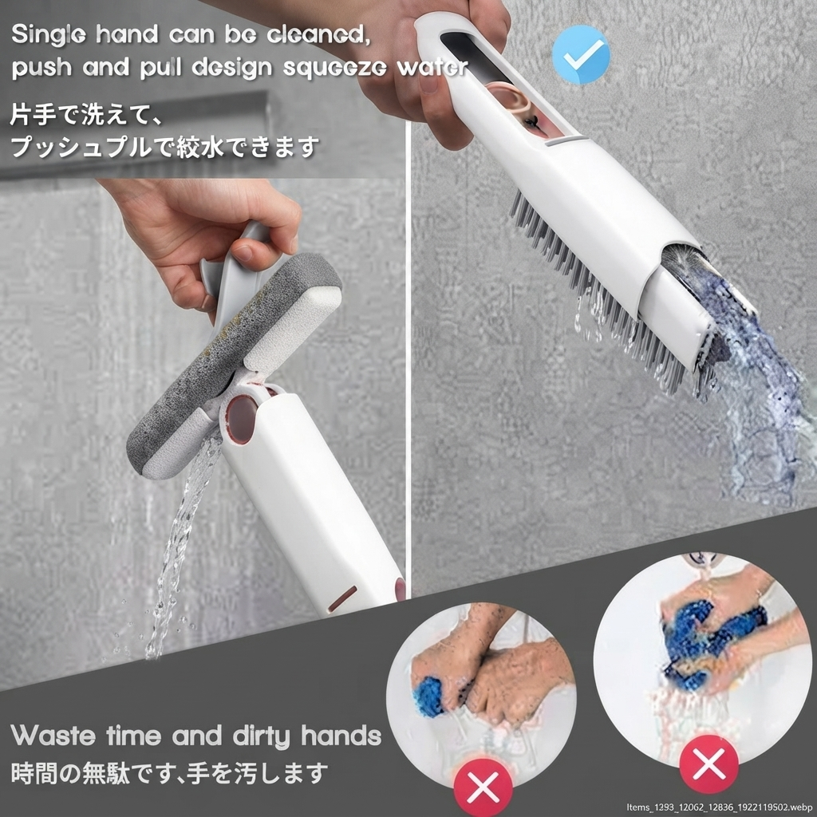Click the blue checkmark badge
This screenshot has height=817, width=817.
click(x=581, y=54)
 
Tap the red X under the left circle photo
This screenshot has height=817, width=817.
click(x=483, y=787)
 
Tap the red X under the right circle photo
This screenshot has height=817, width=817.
click(x=708, y=764)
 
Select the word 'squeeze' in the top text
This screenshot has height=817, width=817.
click(x=335, y=69)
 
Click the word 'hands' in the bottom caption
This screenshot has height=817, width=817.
click(x=341, y=736)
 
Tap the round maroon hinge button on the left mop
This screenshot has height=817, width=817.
click(x=241, y=419)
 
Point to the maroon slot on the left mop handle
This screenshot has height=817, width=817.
click(x=342, y=598)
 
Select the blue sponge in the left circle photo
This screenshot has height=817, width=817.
click(x=428, y=696)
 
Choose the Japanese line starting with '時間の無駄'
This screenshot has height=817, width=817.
click(x=170, y=773)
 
